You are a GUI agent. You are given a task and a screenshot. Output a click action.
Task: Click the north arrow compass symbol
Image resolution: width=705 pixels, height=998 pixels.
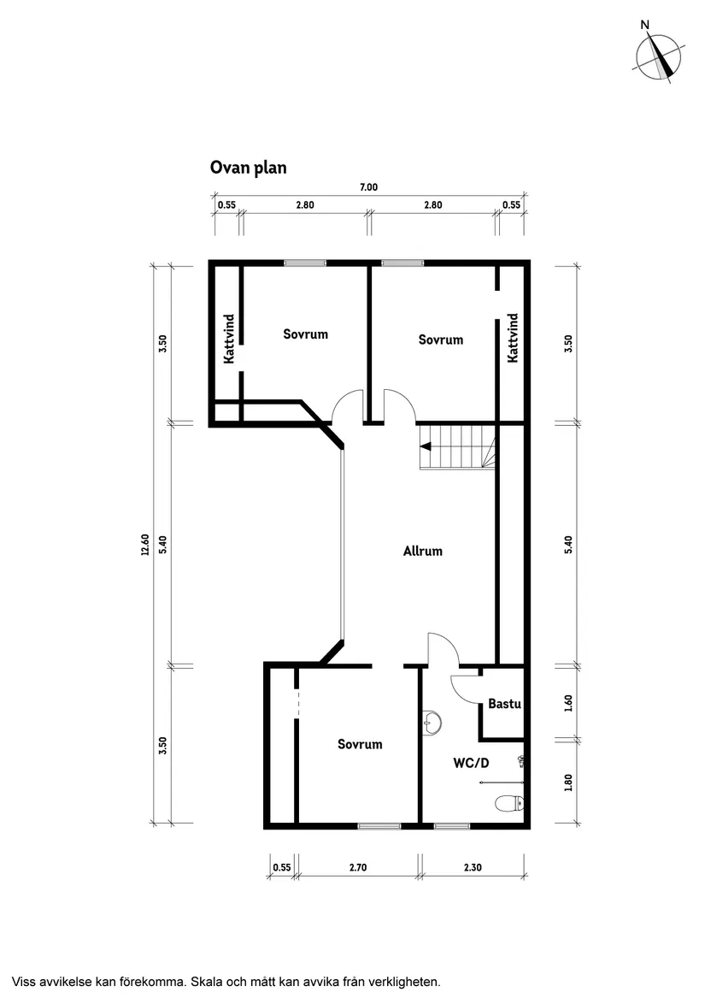tap(657, 57)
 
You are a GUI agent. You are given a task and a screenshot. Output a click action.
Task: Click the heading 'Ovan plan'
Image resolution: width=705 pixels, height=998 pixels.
tap(248, 168)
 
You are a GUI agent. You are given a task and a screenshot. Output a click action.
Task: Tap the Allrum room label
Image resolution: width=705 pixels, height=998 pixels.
tap(423, 551)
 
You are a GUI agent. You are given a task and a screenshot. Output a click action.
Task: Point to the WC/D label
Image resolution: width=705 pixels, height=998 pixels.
tap(470, 763)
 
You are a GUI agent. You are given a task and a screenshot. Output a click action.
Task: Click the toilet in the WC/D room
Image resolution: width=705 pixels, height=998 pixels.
tap(509, 804)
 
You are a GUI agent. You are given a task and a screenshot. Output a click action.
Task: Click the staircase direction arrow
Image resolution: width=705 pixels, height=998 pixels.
tap(424, 445)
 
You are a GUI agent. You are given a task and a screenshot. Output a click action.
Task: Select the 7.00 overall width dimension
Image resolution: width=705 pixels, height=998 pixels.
tap(368, 187)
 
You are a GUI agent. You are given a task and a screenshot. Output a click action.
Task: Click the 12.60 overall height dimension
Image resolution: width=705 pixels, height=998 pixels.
tap(144, 544)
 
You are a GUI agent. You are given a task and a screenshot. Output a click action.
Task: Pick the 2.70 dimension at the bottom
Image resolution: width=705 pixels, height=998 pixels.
tap(359, 867)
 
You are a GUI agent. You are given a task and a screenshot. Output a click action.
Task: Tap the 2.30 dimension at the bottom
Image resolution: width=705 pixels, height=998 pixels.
tap(473, 867)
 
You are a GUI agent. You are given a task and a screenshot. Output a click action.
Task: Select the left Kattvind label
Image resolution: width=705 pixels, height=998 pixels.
tap(229, 340)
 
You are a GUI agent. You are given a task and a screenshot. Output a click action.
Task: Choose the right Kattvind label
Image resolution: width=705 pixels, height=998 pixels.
tap(513, 339)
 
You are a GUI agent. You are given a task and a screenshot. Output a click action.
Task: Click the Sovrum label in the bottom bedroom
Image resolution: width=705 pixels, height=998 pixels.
tap(360, 744)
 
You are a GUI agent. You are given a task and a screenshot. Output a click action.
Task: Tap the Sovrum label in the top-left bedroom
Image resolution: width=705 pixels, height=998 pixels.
tap(305, 334)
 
